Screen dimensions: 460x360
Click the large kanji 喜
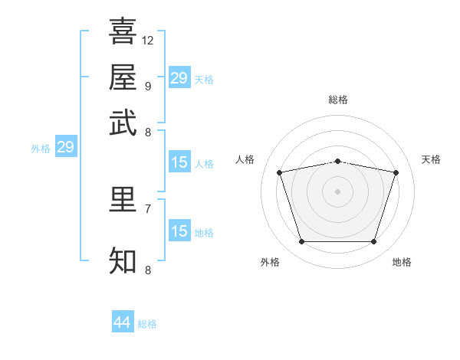coord(123,31)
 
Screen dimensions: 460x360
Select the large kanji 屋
coord(123,77)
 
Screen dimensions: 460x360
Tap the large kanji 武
coord(123,123)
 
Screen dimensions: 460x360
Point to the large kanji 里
coord(123,200)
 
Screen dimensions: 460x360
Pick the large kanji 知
coord(123,260)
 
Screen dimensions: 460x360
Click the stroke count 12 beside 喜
coord(147,41)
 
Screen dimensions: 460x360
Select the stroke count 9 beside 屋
coord(148,87)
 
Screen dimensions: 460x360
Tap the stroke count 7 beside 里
coord(148,209)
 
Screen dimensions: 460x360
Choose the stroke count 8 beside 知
coord(148,270)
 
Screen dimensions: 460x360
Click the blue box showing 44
coord(123,321)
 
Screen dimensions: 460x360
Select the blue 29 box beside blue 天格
coord(179,77)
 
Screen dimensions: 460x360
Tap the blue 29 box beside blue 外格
coord(66,146)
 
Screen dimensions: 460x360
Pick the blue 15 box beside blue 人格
coord(179,162)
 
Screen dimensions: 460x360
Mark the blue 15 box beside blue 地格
coord(179,230)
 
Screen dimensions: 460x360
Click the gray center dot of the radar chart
coord(337,191)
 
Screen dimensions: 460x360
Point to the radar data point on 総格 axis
coord(337,162)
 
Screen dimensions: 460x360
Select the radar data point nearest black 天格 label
coord(396,172)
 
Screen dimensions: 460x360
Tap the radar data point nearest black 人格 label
coord(279,172)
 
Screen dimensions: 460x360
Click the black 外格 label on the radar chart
coord(270,262)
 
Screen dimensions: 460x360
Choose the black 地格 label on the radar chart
coord(402,262)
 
